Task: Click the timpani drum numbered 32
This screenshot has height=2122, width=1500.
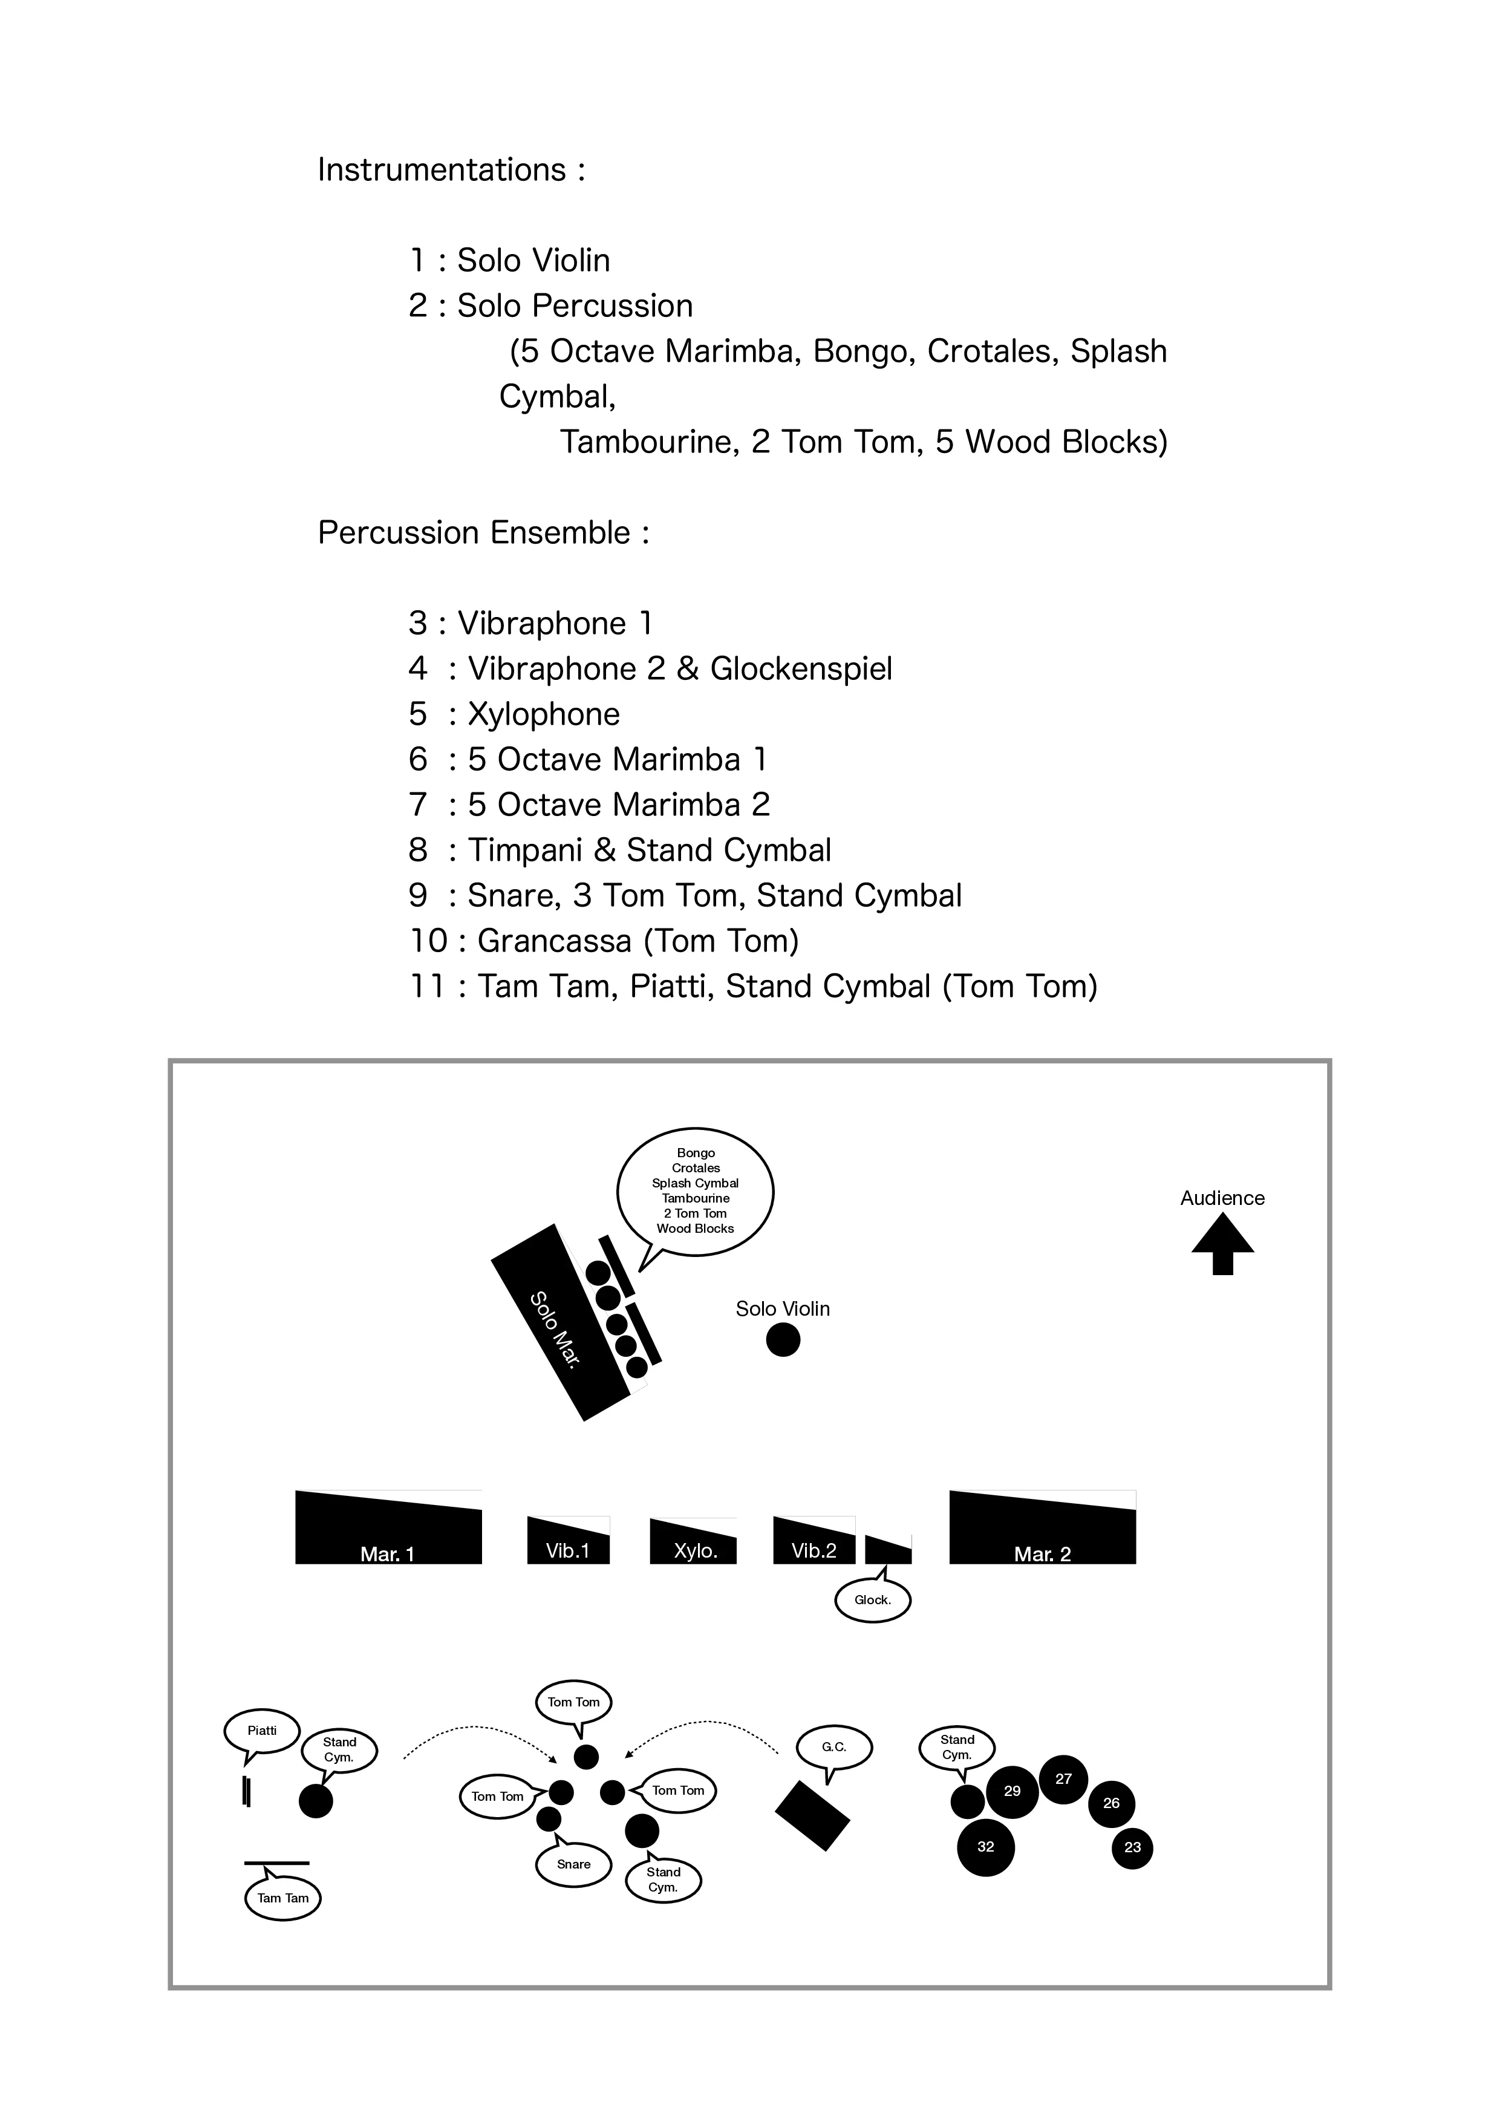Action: tap(985, 1847)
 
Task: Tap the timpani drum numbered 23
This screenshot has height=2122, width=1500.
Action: tap(1132, 1847)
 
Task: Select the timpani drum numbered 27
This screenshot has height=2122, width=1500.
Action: tap(1064, 1778)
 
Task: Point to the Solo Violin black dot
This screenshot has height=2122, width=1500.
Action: tap(783, 1339)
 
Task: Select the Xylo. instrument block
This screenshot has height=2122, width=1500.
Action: tap(693, 1544)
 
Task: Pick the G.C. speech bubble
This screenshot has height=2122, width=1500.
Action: tap(833, 1747)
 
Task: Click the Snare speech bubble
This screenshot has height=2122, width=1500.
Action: tap(573, 1864)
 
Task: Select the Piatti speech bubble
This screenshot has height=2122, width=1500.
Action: tap(262, 1731)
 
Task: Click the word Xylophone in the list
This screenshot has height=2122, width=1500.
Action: tap(543, 714)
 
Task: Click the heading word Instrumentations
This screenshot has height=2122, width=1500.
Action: tap(442, 170)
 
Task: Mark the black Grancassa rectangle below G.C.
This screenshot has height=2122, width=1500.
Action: tap(812, 1815)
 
